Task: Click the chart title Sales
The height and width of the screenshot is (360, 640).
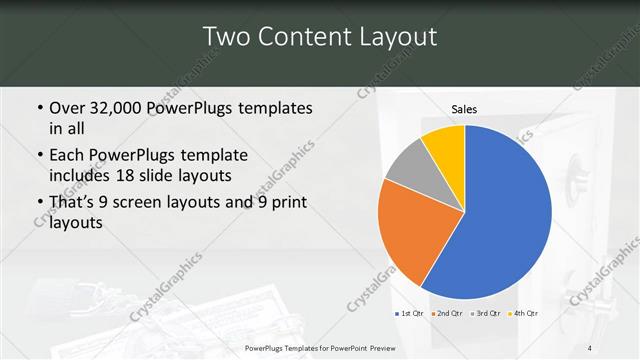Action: [464, 107]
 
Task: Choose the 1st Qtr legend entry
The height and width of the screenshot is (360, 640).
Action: [410, 314]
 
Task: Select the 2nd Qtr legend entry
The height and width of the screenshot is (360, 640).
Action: [447, 314]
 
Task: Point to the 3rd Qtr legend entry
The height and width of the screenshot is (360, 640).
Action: [485, 314]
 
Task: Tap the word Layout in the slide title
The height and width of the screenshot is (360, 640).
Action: [392, 38]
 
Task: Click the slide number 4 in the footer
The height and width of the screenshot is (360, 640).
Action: [590, 346]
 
